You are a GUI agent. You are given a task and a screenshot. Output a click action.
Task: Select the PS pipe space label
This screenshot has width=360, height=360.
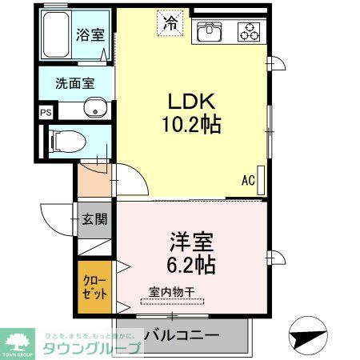point(46,113)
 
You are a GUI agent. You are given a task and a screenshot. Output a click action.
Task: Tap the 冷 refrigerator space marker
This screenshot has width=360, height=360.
point(170,24)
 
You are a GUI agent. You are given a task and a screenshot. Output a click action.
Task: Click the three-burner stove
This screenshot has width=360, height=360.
point(249,33)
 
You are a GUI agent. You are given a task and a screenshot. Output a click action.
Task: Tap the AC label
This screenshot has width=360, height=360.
point(248,181)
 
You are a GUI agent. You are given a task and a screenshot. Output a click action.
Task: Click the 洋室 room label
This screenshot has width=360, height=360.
point(190,241)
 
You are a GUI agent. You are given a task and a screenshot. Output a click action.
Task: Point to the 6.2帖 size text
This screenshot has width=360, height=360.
point(191,264)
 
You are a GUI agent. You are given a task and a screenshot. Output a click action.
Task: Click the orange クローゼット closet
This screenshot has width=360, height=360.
point(94,288)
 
